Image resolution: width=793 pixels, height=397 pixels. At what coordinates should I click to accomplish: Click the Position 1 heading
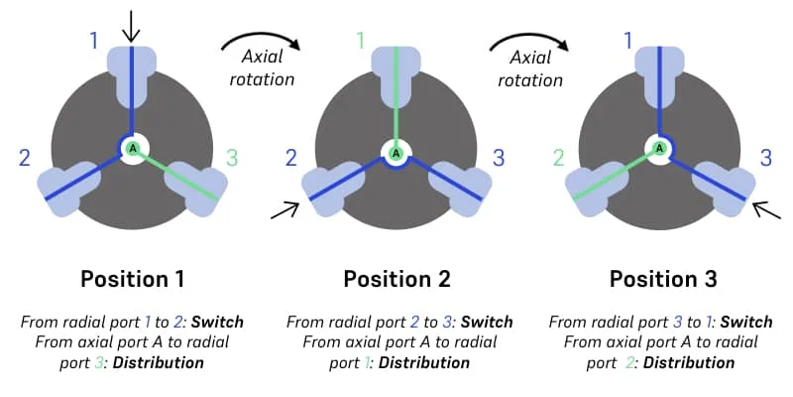point(134,279)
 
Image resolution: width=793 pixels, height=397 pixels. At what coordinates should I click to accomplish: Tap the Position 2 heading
point(396,279)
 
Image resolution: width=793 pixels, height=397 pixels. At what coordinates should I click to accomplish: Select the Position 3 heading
point(662,279)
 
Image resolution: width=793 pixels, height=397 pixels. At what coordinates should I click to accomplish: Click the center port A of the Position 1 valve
point(132,149)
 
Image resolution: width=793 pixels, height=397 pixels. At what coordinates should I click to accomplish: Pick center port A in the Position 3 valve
point(658,149)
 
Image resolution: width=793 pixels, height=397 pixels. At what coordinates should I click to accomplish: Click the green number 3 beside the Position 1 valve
point(232,157)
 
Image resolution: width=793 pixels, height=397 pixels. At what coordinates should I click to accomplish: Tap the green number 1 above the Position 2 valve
point(361,41)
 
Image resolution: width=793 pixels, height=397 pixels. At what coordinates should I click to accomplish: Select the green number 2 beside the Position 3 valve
point(557,157)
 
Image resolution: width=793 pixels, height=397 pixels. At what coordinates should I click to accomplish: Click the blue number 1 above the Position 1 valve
point(94,41)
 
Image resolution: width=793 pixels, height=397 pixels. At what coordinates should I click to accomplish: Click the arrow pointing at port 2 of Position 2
point(284,208)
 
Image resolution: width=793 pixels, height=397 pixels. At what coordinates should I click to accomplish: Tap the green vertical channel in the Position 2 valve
point(396,99)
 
